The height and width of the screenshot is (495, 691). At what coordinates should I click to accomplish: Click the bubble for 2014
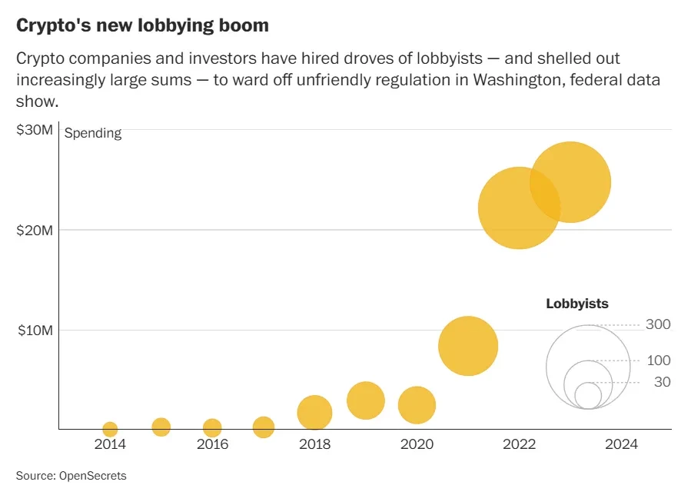tap(110, 430)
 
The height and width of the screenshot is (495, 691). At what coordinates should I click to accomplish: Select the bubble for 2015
tap(161, 427)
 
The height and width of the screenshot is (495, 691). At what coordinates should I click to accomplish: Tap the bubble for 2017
tap(264, 427)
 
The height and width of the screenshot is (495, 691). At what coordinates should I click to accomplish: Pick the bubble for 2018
tap(314, 413)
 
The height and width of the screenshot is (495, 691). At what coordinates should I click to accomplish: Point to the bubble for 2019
tap(366, 400)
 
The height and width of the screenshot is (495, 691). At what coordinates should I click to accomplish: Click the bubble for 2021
tap(468, 346)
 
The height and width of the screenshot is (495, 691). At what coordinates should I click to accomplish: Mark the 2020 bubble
tap(417, 405)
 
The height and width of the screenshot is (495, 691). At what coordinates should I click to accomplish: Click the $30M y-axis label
tap(35, 131)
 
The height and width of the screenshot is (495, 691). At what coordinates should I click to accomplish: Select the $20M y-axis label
tap(35, 231)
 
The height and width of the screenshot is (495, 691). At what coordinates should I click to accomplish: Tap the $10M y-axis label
tap(35, 331)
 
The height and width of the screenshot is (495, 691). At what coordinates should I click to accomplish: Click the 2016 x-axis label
tap(212, 444)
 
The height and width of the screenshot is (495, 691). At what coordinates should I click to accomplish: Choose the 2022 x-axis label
tap(519, 444)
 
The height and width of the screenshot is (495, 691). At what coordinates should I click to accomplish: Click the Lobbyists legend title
tap(576, 304)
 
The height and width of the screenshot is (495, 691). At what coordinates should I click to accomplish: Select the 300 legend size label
tap(658, 325)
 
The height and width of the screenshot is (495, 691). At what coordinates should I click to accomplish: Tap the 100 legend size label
tap(658, 360)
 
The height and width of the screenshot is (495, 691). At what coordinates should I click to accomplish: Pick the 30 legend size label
tap(662, 382)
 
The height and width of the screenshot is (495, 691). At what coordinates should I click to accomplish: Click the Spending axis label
tap(93, 133)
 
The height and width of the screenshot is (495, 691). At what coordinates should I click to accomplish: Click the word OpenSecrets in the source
tap(93, 477)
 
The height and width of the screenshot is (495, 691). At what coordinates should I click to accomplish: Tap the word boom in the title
tap(243, 25)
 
